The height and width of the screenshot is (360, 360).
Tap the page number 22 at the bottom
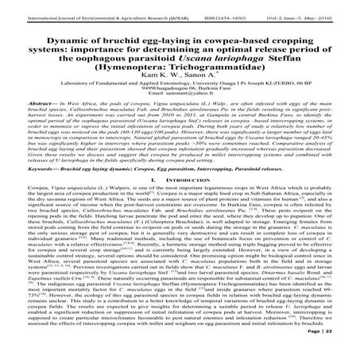pos(343,350)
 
